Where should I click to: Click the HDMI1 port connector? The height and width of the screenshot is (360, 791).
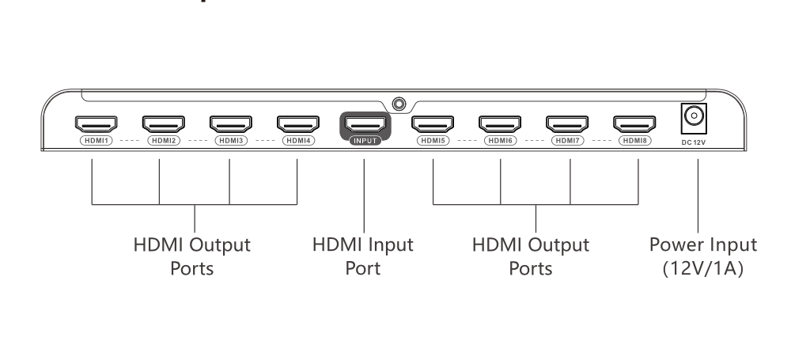pyautogui.click(x=95, y=124)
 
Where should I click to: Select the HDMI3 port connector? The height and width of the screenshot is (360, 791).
pyautogui.click(x=230, y=124)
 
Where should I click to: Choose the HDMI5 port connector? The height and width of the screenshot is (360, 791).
pyautogui.click(x=433, y=124)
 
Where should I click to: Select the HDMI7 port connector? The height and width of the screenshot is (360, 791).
pyautogui.click(x=568, y=124)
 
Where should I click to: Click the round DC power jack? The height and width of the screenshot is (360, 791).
pyautogui.click(x=693, y=119)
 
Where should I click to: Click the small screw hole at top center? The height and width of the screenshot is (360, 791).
pyautogui.click(x=399, y=103)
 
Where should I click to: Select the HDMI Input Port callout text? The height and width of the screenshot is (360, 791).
pyautogui.click(x=363, y=245)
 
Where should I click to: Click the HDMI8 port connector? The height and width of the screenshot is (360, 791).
pyautogui.click(x=635, y=124)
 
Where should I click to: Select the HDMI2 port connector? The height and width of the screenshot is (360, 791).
pyautogui.click(x=162, y=124)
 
